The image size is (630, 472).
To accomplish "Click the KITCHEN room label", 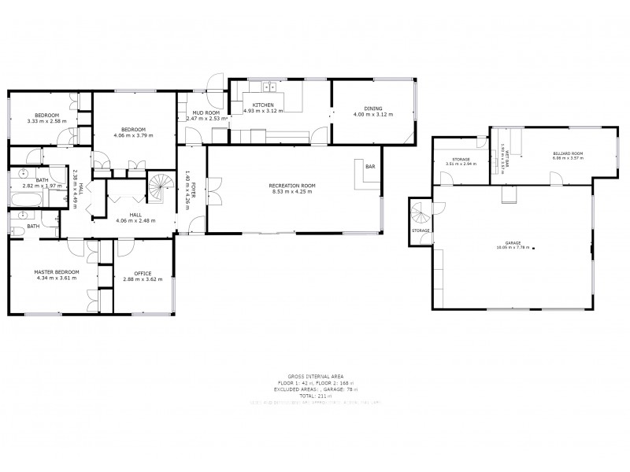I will tap(263, 105).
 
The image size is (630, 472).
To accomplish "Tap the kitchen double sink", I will tap(270, 87).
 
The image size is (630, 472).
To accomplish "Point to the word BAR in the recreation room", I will tap(369, 168).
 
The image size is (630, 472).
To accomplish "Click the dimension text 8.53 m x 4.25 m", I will tap(293, 191).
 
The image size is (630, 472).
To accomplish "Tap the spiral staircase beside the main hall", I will tap(161, 187).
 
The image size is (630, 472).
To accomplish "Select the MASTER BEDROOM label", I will tap(52, 272).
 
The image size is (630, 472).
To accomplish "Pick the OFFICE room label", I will tap(143, 273).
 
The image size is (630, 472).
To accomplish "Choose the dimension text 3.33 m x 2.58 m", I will tap(46, 121).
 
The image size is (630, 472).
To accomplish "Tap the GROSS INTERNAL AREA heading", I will tap(315, 377).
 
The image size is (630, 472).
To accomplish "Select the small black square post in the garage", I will tap(534, 249).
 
